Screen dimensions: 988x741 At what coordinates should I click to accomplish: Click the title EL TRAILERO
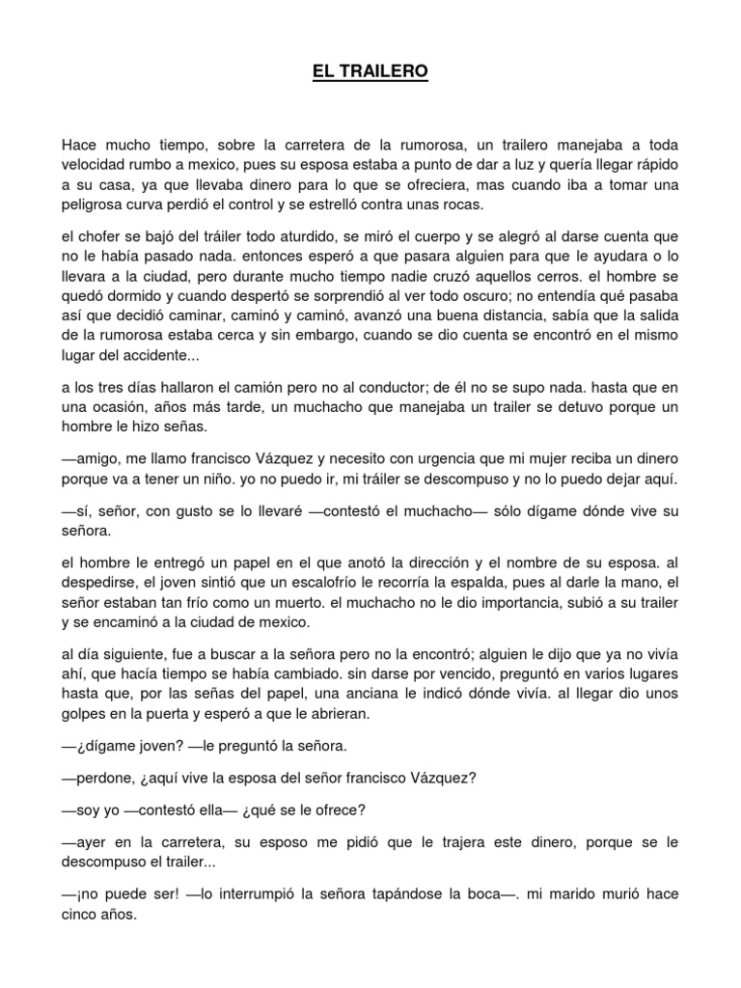[370, 71]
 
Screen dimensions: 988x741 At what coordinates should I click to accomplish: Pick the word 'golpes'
[88, 715]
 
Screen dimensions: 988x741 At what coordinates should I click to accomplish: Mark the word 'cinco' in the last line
[82, 917]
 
